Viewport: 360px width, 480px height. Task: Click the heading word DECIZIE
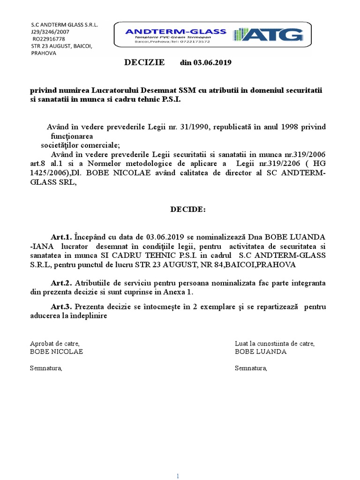[144, 62]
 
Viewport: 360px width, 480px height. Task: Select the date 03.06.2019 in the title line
[212, 62]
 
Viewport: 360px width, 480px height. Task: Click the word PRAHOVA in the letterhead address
[43, 53]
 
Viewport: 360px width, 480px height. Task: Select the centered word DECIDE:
[187, 210]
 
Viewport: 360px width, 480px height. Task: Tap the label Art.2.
[61, 283]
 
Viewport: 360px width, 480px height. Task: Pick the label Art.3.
[61, 307]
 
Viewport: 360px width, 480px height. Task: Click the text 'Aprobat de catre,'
[52, 344]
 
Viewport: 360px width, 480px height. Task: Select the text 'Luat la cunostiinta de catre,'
[275, 344]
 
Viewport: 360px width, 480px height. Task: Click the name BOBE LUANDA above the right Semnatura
[261, 352]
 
